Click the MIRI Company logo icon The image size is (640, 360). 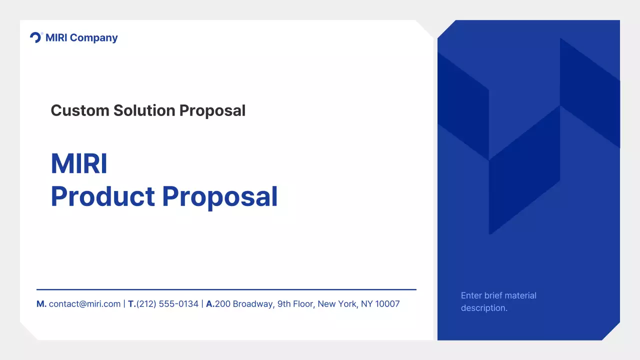(x=36, y=37)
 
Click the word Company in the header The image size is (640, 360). (x=94, y=38)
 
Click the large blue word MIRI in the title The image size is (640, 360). (x=79, y=163)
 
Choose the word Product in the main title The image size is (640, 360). (x=103, y=196)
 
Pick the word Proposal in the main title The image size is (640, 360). (x=220, y=196)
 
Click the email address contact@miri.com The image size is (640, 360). (x=84, y=304)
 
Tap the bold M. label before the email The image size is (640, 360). (x=41, y=304)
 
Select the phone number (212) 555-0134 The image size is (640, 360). (x=167, y=304)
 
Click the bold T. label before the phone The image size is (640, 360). (x=132, y=304)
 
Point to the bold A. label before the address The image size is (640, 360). (x=210, y=304)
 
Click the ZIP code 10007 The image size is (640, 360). (x=387, y=304)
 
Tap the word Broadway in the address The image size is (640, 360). (x=252, y=304)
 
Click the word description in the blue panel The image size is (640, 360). (x=484, y=308)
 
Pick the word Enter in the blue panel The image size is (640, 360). (x=471, y=295)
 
